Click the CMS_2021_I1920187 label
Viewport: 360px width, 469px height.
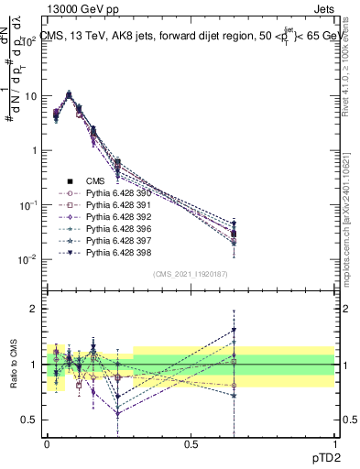[189, 274]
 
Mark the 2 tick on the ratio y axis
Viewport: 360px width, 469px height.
[34, 309]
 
